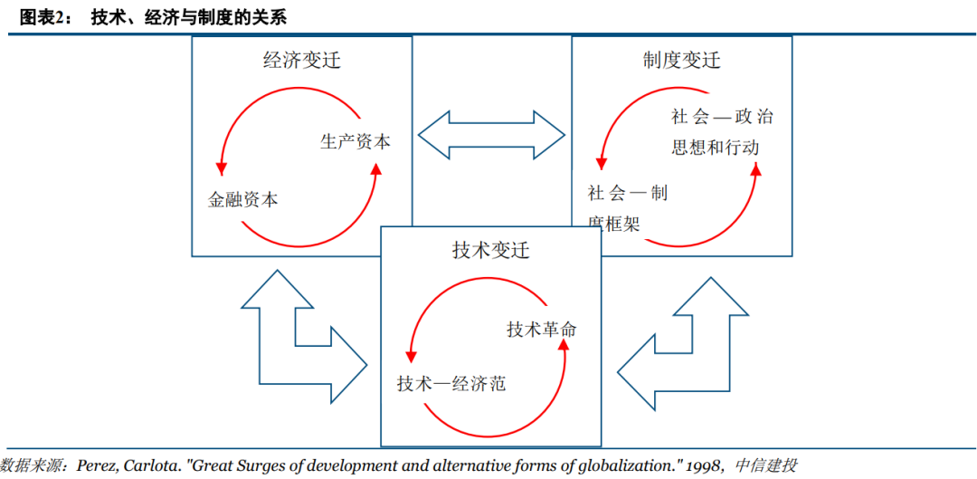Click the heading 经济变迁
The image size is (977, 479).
(x=301, y=61)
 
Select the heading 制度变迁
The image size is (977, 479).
(x=681, y=61)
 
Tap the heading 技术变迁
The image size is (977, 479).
(x=490, y=250)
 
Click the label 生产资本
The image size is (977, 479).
(x=356, y=142)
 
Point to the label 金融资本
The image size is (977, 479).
(x=243, y=200)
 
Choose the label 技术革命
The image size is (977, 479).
(x=542, y=329)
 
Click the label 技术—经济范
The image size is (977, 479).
(x=451, y=383)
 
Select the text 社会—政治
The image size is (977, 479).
(x=722, y=117)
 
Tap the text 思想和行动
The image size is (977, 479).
(x=715, y=147)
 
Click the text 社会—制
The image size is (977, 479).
(x=627, y=193)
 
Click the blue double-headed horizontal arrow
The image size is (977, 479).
(x=492, y=136)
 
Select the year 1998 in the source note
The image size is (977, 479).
(x=700, y=465)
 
